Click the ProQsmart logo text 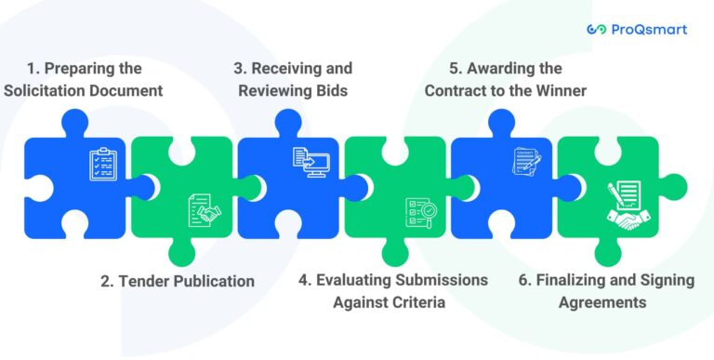point(649,30)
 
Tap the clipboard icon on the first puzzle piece point(103,165)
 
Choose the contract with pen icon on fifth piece point(525,162)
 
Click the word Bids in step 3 point(331,90)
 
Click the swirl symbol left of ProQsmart point(597,30)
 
